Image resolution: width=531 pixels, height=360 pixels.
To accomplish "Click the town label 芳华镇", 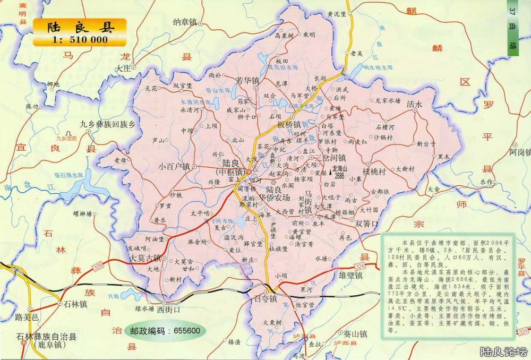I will point(248,81).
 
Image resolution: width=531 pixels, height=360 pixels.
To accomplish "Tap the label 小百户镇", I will point(174,166).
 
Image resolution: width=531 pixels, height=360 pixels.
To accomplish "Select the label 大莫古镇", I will point(145,258).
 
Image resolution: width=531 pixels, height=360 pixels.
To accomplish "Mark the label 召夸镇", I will point(264,299).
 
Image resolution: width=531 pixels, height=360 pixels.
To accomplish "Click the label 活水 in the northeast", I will point(414,105).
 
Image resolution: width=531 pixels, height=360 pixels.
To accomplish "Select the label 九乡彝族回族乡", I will point(108,124).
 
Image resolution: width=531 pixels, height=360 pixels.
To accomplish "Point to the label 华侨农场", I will point(278,198).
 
